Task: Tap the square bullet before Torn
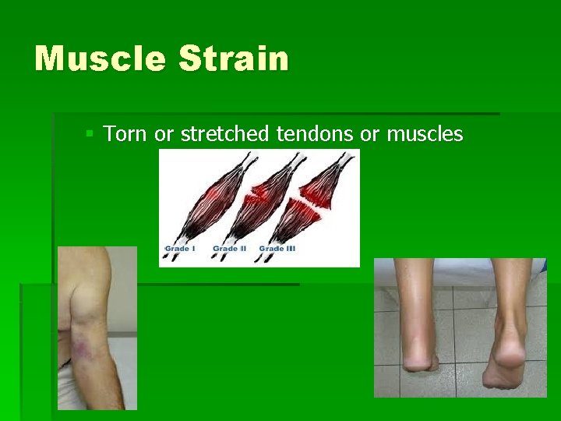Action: click(90, 135)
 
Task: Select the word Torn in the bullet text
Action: click(126, 135)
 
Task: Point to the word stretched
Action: click(225, 135)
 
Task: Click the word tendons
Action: click(316, 135)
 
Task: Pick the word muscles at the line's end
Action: click(425, 135)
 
